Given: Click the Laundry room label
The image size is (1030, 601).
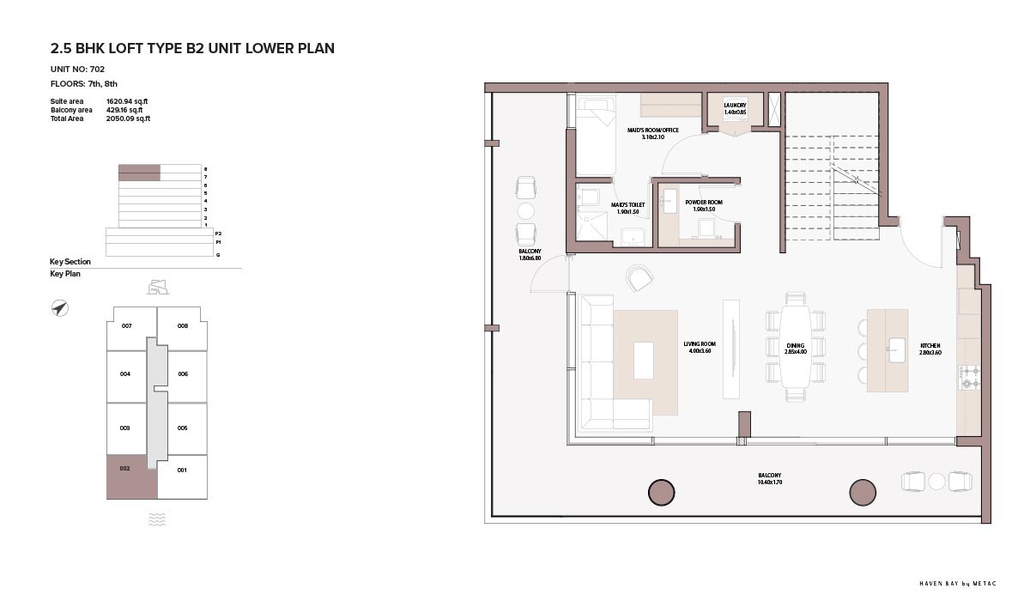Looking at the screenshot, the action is pos(735,108).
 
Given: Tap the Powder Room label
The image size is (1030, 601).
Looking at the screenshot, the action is pos(704,205).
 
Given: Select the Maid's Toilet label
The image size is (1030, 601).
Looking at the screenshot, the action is pos(627,209).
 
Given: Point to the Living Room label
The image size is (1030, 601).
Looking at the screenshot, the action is pos(700,347).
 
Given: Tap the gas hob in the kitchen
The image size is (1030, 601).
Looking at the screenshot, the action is pos(969,377).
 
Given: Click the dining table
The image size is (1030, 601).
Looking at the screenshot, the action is pos(795,346).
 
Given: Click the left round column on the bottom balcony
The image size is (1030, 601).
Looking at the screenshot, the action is pos(661,493).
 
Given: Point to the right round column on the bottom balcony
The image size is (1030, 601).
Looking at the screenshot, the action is pos(862,493).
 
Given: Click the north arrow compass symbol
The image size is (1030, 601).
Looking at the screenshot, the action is pos(60,308).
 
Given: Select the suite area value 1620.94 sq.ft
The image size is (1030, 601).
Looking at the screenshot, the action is pos(127,101).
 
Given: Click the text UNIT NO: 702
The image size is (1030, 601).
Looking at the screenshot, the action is pos(77,69).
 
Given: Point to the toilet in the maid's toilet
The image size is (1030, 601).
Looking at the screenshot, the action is pos(588,196).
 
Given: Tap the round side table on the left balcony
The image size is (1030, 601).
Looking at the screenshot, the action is pos(525,211).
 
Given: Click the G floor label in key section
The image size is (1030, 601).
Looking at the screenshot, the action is pos(218,255).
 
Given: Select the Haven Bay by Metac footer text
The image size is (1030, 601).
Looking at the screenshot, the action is pos(958,584).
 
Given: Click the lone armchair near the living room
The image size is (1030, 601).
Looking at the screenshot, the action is pos(639,277).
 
